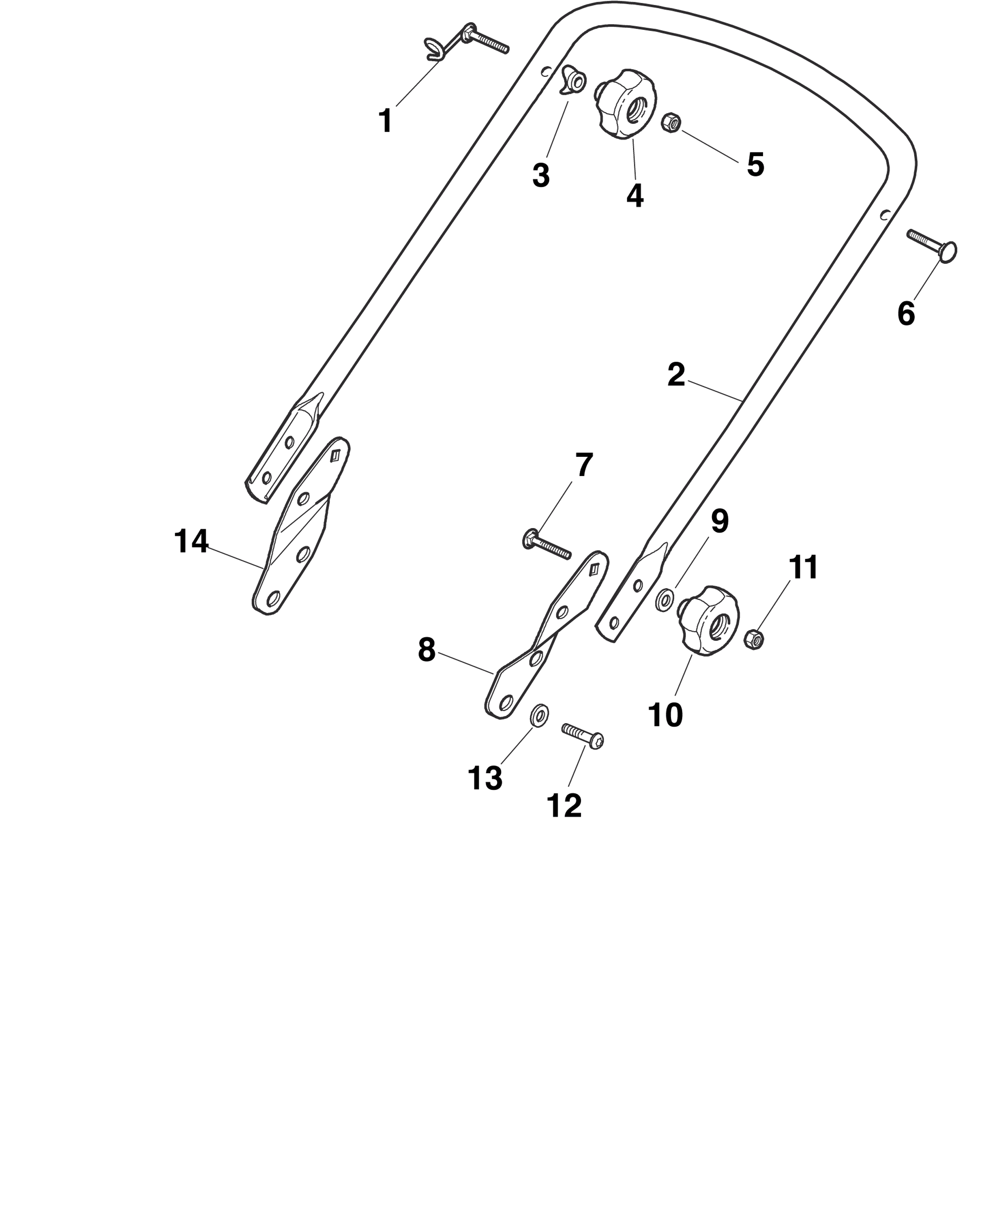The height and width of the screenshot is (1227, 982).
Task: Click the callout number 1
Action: click(386, 121)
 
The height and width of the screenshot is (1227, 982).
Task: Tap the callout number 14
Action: click(191, 541)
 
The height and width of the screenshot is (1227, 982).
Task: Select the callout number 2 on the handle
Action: click(676, 375)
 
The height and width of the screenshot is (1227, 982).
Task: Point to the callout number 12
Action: click(564, 805)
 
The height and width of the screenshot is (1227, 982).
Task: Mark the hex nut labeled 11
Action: click(754, 640)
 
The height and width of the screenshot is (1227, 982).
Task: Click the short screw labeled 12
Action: click(582, 736)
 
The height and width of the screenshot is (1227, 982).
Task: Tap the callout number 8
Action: click(426, 650)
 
